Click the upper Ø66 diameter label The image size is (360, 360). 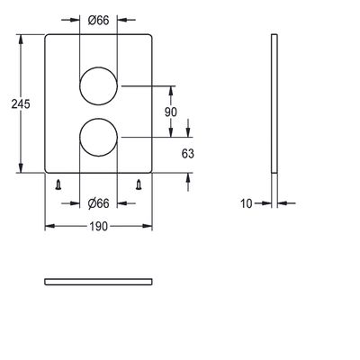[98, 21]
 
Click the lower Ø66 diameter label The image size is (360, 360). [98, 203]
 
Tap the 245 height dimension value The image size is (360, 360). [21, 104]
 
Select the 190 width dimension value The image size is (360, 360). [98, 226]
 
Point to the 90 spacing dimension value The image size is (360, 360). [171, 112]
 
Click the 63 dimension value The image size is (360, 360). [188, 154]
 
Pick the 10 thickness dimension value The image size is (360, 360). [247, 203]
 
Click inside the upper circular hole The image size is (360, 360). [98, 85]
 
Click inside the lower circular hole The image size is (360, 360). [98, 137]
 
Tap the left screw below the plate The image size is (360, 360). [58, 184]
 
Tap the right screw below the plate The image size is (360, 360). [139, 184]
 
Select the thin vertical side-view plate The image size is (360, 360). [274, 103]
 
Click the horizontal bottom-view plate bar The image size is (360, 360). [98, 282]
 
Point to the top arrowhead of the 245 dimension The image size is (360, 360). [21, 40]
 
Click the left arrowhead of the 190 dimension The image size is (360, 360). [50, 226]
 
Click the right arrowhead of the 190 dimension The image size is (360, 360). [147, 226]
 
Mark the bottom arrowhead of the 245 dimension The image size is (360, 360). [21, 167]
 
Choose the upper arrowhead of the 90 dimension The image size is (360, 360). [171, 92]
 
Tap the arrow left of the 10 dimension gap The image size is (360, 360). [263, 203]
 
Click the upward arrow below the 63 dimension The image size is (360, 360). [188, 182]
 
